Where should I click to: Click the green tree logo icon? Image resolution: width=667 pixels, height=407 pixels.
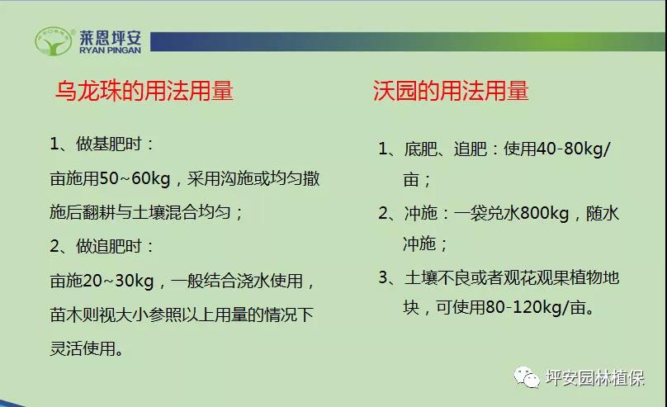point(53,41)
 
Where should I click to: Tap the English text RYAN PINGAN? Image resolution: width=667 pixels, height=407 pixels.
point(110,50)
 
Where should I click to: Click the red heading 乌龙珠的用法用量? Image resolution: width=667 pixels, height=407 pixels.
point(144,91)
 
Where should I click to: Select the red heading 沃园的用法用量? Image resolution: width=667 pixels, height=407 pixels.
point(451,91)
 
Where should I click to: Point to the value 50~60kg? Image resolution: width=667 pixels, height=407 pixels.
point(135,178)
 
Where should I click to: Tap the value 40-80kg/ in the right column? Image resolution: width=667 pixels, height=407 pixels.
point(573,149)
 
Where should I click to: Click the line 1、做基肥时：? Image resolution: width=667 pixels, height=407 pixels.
point(102,144)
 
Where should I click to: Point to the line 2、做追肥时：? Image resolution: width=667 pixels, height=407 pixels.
point(102,246)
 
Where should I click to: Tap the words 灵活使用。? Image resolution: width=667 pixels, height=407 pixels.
point(88,348)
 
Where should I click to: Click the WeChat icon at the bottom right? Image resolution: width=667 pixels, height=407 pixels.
point(527,376)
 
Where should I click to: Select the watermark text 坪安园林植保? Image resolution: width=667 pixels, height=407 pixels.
point(595,377)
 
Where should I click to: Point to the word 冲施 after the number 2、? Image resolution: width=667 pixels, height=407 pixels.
point(420,213)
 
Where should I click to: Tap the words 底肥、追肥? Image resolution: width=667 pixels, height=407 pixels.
point(446,149)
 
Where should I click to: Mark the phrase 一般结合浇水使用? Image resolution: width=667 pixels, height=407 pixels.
point(237,281)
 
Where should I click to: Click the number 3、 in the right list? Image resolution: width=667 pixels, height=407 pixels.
point(387,277)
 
